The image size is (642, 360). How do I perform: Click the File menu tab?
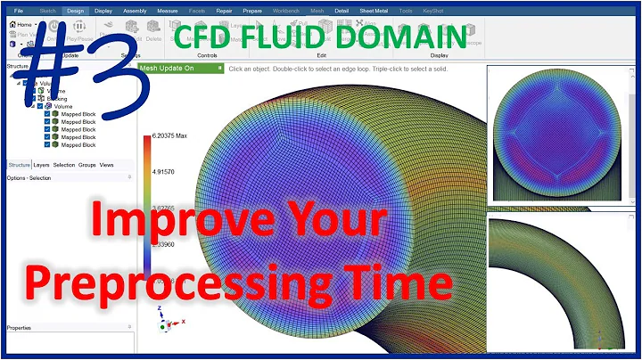coord(19,12)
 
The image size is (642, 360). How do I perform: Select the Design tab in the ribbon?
coord(76,12)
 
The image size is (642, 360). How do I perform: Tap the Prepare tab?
coord(253,12)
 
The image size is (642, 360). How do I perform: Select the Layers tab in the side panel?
coord(41,165)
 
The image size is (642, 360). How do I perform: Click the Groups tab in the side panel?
coord(86,165)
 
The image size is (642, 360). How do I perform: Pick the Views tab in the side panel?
coord(106,165)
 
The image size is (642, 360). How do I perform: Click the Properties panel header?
coord(20,327)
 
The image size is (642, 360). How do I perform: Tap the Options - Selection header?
coord(29,177)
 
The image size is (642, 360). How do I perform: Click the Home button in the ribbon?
coord(22,24)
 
